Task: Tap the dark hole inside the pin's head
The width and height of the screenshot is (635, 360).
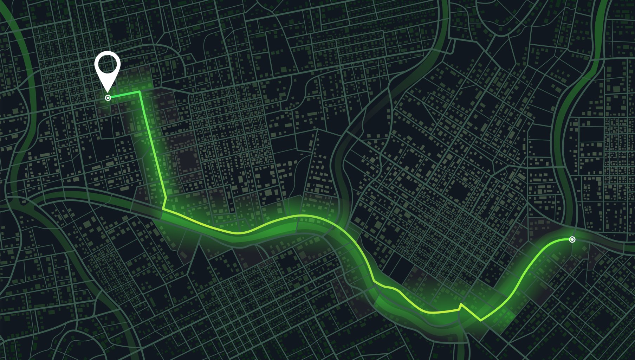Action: tap(107, 64)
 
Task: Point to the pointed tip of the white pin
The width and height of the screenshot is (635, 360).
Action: tap(108, 92)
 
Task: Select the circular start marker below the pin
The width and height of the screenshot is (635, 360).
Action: tap(108, 98)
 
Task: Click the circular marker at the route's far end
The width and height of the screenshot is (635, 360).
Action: tap(572, 239)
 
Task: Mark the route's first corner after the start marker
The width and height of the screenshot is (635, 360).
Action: tap(140, 91)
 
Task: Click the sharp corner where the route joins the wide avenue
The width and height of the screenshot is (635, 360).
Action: tap(163, 209)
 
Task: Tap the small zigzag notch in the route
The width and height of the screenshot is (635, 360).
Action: tap(461, 305)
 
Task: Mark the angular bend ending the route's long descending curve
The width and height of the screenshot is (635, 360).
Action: tap(375, 282)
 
